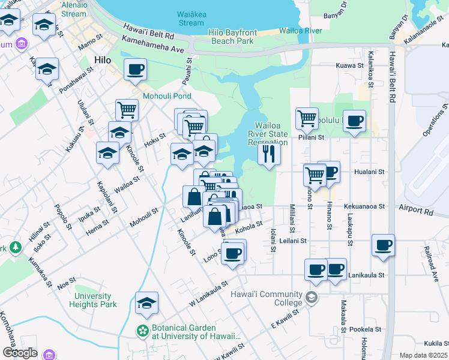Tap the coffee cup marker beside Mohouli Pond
point(136,69)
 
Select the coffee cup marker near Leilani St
point(383,245)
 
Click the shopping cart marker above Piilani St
point(307,119)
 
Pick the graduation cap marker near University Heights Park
point(146,304)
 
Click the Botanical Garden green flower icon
point(143,331)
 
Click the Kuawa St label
point(351,65)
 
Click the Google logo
point(20,353)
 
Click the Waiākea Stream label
point(191,19)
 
